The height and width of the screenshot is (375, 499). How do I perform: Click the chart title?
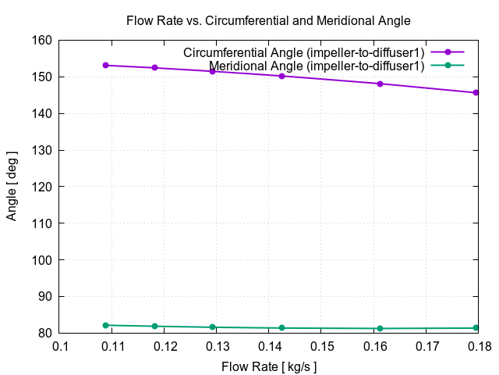click(x=268, y=20)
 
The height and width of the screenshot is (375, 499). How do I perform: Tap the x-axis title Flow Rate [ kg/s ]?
click(x=269, y=366)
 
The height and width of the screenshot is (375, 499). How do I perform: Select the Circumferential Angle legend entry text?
click(x=304, y=52)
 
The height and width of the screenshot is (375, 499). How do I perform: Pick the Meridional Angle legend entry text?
click(x=317, y=66)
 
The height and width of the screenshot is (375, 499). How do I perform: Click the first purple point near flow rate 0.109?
click(x=105, y=65)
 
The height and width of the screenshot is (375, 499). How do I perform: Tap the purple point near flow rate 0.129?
click(x=212, y=71)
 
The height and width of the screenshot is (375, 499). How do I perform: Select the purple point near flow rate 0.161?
click(x=380, y=84)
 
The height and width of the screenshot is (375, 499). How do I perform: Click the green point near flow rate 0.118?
click(x=154, y=326)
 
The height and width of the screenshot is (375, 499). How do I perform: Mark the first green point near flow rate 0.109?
click(x=105, y=325)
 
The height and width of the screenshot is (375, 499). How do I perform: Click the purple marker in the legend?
click(x=448, y=52)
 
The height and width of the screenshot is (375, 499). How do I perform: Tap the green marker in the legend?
click(x=448, y=66)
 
